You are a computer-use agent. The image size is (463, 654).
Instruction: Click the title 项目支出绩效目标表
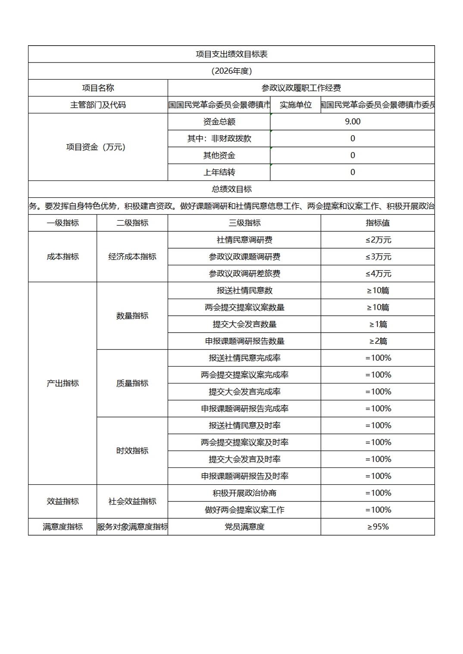click(231, 54)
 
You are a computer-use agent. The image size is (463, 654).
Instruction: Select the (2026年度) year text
click(231, 71)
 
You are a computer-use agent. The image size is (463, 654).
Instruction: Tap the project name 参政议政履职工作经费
click(301, 88)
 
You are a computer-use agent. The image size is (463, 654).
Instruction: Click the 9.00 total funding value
click(352, 121)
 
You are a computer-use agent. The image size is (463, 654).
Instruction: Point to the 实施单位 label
click(295, 105)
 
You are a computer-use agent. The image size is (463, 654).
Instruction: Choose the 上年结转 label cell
click(219, 172)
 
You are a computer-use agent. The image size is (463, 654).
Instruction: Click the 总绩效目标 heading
click(231, 189)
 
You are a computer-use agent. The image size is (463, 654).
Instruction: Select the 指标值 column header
click(378, 223)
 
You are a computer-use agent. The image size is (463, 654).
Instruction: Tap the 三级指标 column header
click(244, 223)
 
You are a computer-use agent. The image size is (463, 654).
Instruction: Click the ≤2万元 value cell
click(378, 240)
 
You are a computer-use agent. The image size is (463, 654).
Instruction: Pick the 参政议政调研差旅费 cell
click(244, 274)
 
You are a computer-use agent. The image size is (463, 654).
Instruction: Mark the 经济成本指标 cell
click(132, 257)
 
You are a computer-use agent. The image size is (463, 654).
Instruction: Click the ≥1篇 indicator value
click(378, 324)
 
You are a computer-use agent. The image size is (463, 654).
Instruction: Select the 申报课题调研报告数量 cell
click(244, 341)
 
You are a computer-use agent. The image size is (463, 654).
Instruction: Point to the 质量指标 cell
click(132, 383)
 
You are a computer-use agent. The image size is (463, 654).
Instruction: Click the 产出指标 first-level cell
click(63, 383)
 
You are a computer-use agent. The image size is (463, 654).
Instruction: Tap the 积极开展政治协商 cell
click(244, 493)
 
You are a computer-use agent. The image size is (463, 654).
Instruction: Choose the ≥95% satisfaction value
click(378, 526)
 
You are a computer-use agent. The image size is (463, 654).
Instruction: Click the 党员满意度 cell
click(244, 526)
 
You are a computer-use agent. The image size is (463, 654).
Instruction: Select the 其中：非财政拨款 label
click(219, 138)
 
